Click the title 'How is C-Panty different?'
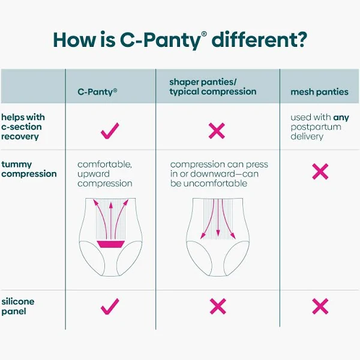(180, 39)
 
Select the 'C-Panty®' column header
(97, 92)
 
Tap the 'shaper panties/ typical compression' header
(212, 87)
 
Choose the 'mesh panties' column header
(319, 92)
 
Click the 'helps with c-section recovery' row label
(23, 127)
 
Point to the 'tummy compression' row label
(29, 169)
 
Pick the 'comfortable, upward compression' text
(105, 173)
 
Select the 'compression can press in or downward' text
(219, 173)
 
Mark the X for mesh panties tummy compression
(320, 172)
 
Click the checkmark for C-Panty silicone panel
(110, 307)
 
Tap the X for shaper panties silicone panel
(217, 307)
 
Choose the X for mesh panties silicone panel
(320, 307)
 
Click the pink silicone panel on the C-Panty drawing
(110, 244)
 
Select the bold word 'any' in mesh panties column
(341, 118)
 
